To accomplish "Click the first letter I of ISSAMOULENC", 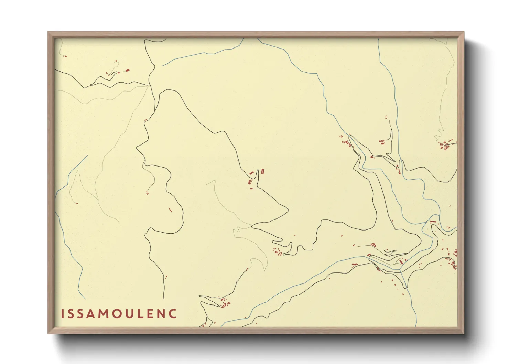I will click(63, 314).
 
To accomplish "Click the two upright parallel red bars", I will click(263, 171).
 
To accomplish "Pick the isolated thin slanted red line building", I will click(170, 210).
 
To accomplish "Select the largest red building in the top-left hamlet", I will click(127, 71).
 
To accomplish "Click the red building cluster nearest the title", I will click(225, 303).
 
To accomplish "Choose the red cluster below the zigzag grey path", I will click(446, 144).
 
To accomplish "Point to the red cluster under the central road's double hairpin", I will click(278, 252).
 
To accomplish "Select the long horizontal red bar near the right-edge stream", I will click(433, 222).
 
